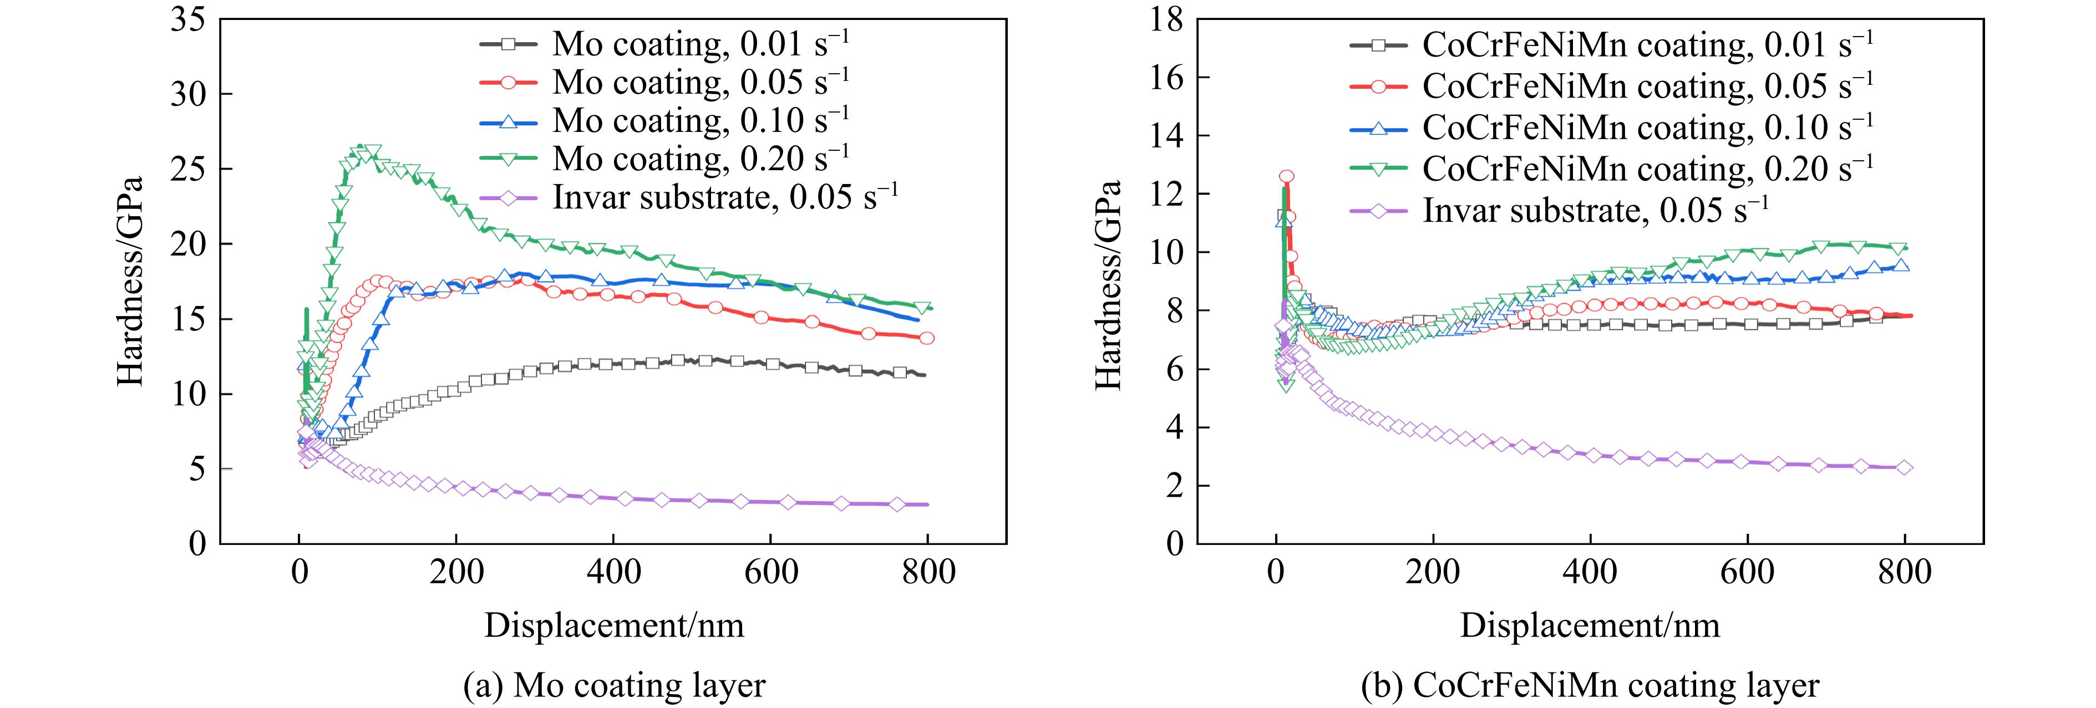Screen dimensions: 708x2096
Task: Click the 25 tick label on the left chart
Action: (188, 169)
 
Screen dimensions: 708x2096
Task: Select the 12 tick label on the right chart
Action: (1167, 193)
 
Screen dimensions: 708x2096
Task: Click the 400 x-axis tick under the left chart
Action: (613, 572)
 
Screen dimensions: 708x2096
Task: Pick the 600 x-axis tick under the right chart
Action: (1747, 572)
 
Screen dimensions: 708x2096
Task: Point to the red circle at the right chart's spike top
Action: (1286, 176)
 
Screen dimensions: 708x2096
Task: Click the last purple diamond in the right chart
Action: (1905, 468)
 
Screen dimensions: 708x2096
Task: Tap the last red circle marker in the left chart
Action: (926, 338)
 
